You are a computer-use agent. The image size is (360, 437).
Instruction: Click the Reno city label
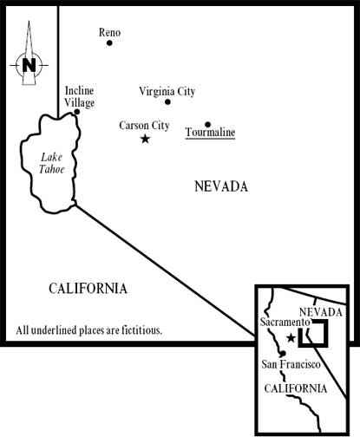pyautogui.click(x=109, y=32)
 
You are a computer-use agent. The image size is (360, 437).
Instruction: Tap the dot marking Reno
pyautogui.click(x=109, y=42)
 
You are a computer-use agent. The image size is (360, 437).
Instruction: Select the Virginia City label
pyautogui.click(x=167, y=92)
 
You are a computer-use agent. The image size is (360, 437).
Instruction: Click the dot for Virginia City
pyautogui.click(x=167, y=101)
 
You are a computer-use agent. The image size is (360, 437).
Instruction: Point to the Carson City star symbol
pyautogui.click(x=145, y=139)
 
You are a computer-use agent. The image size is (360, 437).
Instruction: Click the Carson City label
pyautogui.click(x=144, y=126)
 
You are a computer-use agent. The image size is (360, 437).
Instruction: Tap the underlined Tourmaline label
pyautogui.click(x=210, y=133)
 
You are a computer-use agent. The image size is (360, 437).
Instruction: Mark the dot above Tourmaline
pyautogui.click(x=207, y=125)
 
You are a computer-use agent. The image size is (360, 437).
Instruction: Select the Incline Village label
pyautogui.click(x=79, y=96)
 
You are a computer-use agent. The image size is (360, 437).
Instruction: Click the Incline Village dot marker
pyautogui.click(x=77, y=112)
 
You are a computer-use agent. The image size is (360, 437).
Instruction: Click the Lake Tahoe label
pyautogui.click(x=51, y=163)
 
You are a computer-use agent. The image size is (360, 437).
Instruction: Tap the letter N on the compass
pyautogui.click(x=29, y=65)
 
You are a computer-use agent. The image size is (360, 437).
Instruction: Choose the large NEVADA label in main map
pyautogui.click(x=221, y=186)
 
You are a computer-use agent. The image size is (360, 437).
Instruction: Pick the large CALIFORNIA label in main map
pyautogui.click(x=88, y=289)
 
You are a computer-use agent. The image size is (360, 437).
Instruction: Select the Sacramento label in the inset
pyautogui.click(x=285, y=322)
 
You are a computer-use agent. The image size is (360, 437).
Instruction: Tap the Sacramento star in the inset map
pyautogui.click(x=291, y=337)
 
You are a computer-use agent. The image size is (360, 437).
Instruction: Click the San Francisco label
pyautogui.click(x=291, y=364)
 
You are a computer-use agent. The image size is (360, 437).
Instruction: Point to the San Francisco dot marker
pyautogui.click(x=283, y=353)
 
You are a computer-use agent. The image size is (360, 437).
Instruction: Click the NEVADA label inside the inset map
pyautogui.click(x=321, y=312)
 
